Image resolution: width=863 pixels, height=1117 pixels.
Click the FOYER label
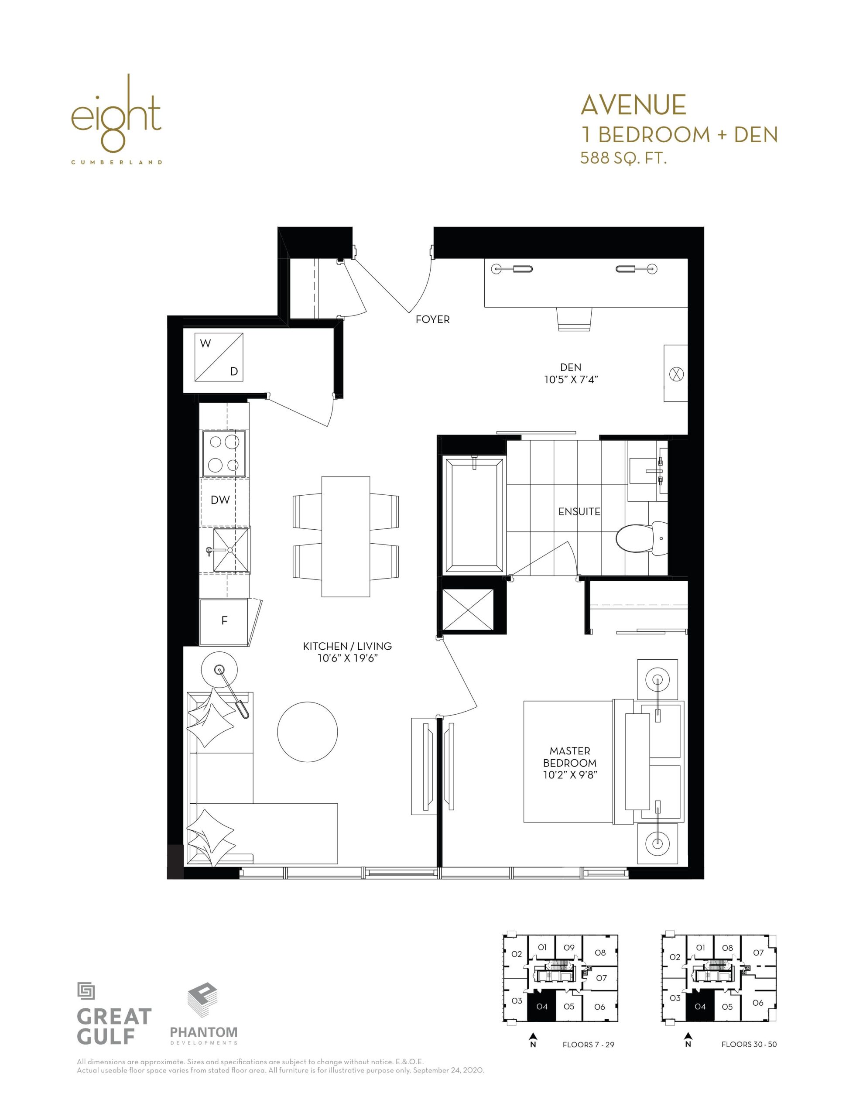(432, 319)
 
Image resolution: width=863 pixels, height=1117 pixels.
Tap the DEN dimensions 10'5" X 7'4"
(571, 380)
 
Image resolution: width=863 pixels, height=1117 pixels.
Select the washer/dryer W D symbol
(219, 357)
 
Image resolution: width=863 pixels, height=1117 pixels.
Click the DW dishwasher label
(220, 500)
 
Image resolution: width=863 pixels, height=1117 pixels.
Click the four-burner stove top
(224, 454)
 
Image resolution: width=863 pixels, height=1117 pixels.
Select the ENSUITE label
(579, 511)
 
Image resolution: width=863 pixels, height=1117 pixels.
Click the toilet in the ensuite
(641, 538)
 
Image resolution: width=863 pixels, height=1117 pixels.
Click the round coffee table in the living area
(308, 732)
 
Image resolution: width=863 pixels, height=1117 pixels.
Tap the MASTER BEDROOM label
(570, 757)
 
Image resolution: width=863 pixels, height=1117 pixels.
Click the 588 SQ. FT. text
(623, 158)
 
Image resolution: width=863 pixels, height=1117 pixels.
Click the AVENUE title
(634, 105)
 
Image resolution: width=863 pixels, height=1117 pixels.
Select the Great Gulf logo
(114, 1013)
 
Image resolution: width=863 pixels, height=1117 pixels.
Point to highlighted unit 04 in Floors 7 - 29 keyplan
(541, 1007)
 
